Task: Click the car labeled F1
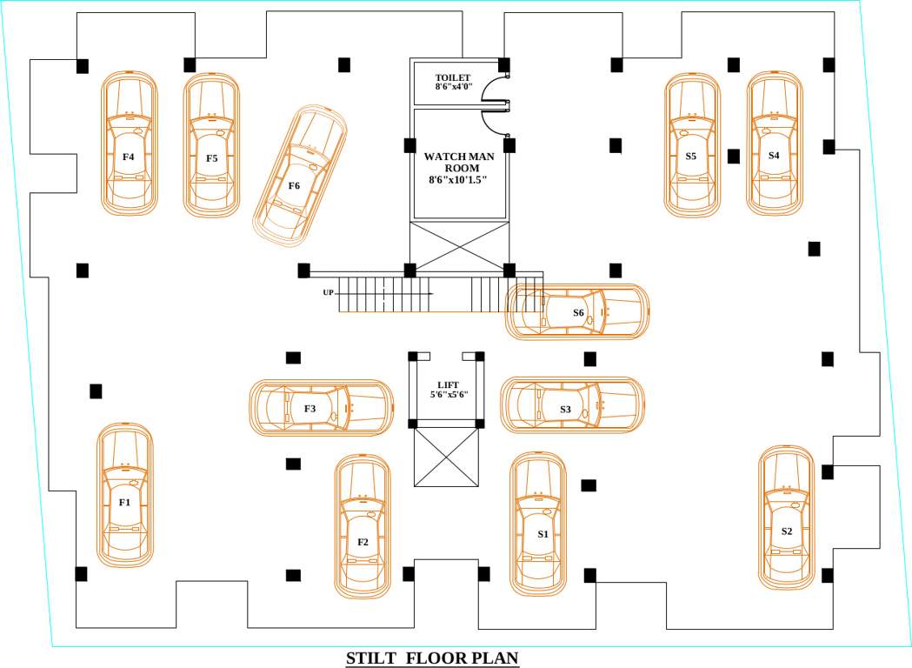click(124, 496)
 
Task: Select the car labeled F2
click(363, 527)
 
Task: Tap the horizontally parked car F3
click(321, 408)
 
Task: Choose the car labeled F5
click(211, 145)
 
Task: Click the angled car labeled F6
click(299, 174)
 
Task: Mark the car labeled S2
click(787, 518)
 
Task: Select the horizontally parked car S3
click(573, 404)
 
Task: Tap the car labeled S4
click(774, 144)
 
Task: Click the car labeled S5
click(691, 144)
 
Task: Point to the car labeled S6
click(577, 311)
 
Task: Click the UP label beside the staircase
click(328, 292)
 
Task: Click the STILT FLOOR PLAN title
click(432, 658)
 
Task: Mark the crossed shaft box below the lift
click(448, 457)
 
